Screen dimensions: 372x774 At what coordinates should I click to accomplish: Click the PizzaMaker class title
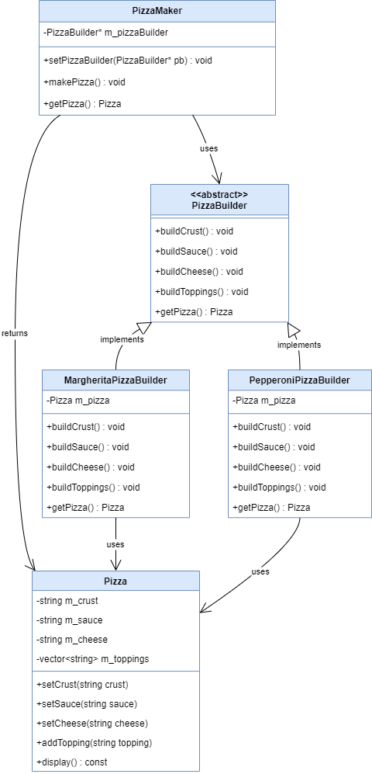(157, 11)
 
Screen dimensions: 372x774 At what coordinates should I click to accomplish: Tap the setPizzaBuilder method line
(128, 61)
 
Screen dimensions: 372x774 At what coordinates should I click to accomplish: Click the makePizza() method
(84, 82)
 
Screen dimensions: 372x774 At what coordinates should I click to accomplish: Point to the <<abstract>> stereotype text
(219, 195)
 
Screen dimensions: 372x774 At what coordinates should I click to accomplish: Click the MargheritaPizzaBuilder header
(115, 380)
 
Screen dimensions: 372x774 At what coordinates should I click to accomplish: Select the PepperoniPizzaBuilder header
(300, 380)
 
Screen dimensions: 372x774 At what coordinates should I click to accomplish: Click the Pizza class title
(115, 581)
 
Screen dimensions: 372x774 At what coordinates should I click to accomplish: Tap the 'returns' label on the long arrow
(15, 333)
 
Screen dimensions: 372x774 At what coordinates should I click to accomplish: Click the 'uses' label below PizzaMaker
(209, 148)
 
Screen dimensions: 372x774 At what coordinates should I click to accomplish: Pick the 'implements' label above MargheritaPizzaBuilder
(122, 339)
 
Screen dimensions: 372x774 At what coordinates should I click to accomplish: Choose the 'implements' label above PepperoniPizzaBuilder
(299, 345)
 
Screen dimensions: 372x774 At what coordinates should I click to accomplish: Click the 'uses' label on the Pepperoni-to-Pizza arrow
(260, 571)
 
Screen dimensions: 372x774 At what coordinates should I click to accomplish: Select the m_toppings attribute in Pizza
(93, 659)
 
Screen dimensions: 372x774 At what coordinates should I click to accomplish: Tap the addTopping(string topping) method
(94, 743)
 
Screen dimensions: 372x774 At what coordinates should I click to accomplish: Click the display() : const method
(72, 762)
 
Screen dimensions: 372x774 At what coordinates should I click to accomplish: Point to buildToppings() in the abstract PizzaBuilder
(201, 292)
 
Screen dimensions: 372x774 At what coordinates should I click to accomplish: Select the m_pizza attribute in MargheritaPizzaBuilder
(77, 401)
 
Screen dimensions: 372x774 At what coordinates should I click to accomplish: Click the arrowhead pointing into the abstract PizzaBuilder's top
(217, 179)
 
